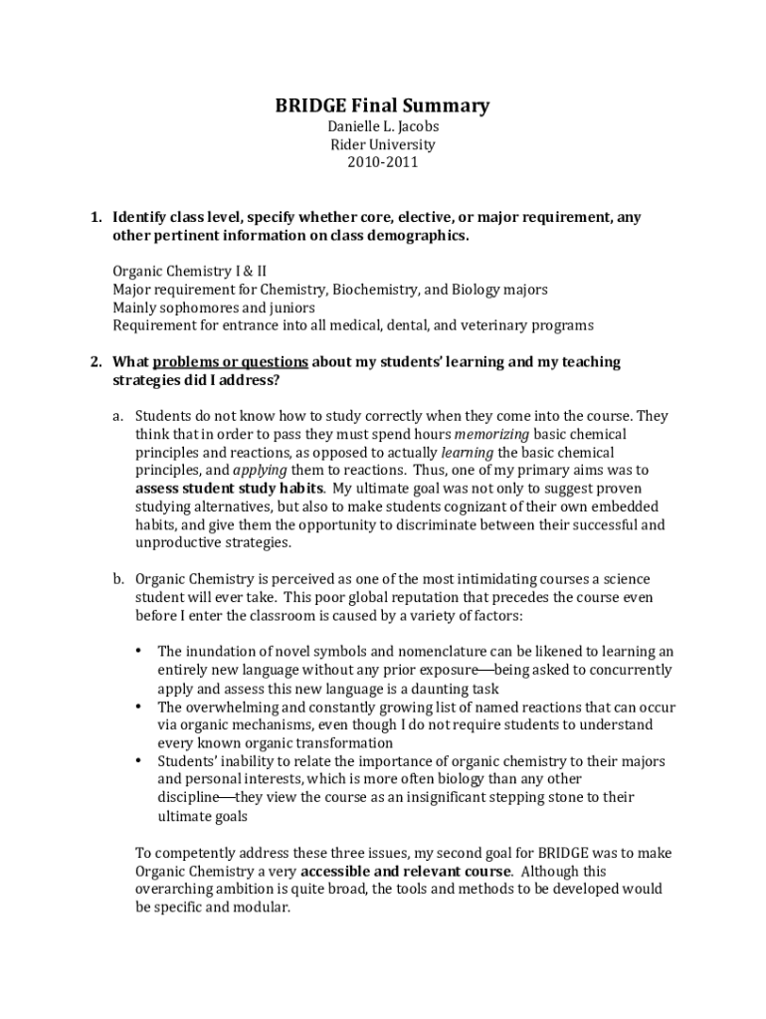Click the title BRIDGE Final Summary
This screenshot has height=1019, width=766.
pyautogui.click(x=382, y=105)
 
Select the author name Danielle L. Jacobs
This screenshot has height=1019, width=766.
pyautogui.click(x=382, y=126)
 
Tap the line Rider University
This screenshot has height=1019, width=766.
pyautogui.click(x=382, y=144)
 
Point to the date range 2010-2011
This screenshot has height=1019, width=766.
pyautogui.click(x=382, y=162)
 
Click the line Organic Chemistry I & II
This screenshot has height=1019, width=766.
pyautogui.click(x=189, y=271)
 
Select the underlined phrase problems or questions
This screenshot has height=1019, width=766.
pyautogui.click(x=231, y=362)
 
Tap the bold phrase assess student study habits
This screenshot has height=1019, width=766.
pyautogui.click(x=229, y=488)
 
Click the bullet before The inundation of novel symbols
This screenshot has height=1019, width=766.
pyautogui.click(x=137, y=651)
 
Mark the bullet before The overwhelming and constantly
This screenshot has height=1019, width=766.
pyautogui.click(x=137, y=706)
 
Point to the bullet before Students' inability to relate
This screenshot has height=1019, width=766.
pyautogui.click(x=137, y=760)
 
